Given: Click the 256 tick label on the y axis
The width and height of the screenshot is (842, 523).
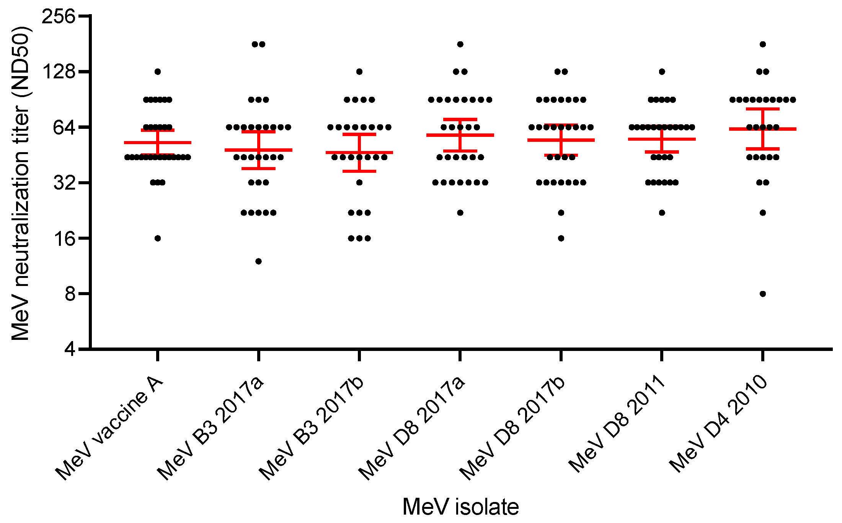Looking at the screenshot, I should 59,16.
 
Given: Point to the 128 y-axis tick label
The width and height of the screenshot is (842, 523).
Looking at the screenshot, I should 59,71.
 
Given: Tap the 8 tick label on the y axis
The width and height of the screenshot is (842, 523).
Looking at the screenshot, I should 70,294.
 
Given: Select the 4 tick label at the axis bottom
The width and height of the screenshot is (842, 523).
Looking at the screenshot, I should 70,349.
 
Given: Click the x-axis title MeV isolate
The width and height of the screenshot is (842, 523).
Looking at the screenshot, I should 460,507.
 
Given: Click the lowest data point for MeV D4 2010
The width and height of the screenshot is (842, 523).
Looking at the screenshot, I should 762,294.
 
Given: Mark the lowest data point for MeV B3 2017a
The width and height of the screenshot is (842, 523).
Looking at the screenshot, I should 258,261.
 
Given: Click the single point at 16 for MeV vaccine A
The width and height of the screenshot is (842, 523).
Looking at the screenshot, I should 158,238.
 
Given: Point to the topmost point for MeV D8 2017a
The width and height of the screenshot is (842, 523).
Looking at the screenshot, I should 460,44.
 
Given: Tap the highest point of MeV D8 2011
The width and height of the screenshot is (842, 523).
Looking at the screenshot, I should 662,71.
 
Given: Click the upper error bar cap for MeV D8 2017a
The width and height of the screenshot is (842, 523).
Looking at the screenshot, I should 460,119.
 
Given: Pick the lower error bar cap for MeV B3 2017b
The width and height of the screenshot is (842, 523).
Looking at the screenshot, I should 359,171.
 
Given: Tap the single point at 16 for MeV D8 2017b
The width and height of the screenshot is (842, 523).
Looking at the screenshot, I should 561,238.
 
